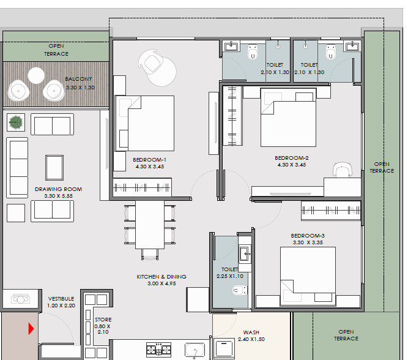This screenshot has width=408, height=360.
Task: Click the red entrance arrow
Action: [x=31, y=329]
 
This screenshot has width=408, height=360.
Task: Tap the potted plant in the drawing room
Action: [x=16, y=122]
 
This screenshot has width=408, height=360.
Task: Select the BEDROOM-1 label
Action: [x=149, y=160]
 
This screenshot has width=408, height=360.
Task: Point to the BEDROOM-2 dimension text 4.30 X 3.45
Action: [x=292, y=165]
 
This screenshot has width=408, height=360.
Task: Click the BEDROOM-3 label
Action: [x=308, y=236]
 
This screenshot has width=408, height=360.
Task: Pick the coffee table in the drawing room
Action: [x=54, y=168]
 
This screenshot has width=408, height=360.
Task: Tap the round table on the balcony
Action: [x=36, y=75]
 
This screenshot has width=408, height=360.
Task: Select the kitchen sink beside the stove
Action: [x=195, y=350]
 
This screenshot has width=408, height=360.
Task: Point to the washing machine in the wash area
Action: [x=223, y=348]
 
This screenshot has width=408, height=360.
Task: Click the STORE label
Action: [x=103, y=320]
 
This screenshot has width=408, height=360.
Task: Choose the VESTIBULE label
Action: [x=61, y=299]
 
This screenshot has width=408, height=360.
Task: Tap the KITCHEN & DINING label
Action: [x=161, y=277]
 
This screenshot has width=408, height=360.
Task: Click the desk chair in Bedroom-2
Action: [x=343, y=170]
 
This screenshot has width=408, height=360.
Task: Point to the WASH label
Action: [x=251, y=332]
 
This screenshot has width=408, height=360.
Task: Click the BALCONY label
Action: [x=78, y=79]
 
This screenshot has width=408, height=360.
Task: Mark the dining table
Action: [x=150, y=225]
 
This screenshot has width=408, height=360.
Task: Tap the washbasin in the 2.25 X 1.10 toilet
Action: [x=245, y=254]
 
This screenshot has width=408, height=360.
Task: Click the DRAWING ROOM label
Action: [x=58, y=189]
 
